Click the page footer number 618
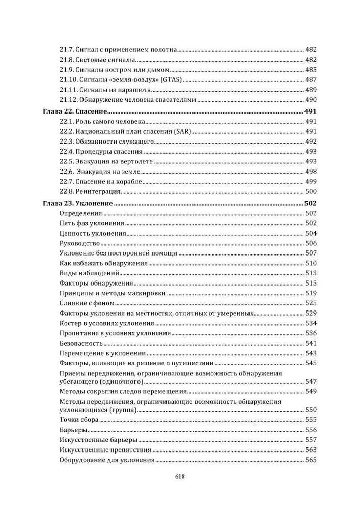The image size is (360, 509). point(179,477)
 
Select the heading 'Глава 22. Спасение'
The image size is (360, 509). point(73,111)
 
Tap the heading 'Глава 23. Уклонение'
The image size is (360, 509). point(76,204)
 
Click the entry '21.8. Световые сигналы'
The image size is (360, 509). point(90,60)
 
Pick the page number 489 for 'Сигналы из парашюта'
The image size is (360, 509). point(311,90)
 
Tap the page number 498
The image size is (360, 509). point(311,172)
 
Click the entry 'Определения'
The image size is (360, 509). point(81,214)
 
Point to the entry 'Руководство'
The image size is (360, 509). point(81,243)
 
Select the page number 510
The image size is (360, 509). point(311,263)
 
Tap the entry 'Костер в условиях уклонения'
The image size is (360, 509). point(106,323)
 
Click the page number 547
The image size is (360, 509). point(311,381)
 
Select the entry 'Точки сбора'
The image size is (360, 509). point(79,420)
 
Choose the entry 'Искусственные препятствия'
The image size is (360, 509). point(105,450)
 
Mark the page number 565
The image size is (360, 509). point(311,460)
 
